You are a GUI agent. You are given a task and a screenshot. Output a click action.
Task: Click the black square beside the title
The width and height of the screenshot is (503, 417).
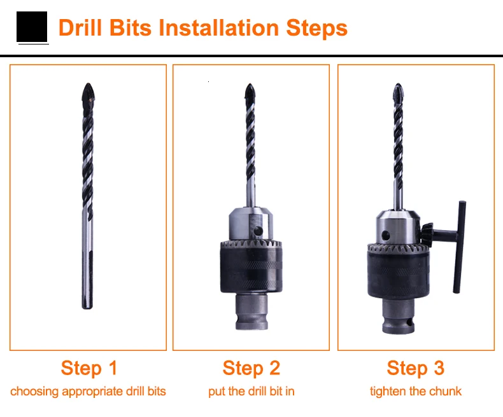tap(32, 27)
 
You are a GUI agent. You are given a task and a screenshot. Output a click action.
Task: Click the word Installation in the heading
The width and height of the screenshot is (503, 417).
tap(219, 27)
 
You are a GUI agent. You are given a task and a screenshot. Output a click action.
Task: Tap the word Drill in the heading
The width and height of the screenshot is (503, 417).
tap(80, 27)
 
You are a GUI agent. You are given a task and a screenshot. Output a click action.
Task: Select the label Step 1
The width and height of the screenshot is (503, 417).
tap(89, 368)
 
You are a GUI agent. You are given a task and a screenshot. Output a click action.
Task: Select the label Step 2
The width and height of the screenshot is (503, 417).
tap(251, 368)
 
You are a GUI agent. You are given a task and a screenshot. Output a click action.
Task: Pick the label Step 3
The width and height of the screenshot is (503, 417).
tap(415, 368)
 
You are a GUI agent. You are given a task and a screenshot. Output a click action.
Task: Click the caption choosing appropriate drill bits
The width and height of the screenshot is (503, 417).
tap(88, 392)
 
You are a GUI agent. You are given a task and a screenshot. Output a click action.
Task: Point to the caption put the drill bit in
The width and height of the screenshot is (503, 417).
tap(251, 392)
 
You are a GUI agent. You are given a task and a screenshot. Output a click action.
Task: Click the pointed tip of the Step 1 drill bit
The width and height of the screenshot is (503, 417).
tap(88, 84)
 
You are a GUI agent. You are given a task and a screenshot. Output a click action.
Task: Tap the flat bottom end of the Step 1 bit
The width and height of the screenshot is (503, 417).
tap(87, 308)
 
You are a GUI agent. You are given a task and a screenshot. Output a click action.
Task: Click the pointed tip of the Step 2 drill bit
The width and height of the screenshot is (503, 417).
tap(250, 85)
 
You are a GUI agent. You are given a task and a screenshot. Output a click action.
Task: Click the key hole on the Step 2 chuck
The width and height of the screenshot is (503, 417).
tap(258, 231)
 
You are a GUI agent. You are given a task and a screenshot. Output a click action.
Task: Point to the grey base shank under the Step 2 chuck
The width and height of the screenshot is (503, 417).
tap(251, 312)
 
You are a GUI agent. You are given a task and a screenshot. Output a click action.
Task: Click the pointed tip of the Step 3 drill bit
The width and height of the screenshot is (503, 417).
tap(398, 85)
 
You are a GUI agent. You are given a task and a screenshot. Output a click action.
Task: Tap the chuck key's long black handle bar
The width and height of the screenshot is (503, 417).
tap(459, 247)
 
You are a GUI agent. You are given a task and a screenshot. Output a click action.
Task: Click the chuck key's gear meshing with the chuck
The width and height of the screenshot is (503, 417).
tap(427, 235)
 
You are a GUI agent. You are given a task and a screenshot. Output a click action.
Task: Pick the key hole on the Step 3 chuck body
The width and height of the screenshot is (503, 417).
tap(386, 235)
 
